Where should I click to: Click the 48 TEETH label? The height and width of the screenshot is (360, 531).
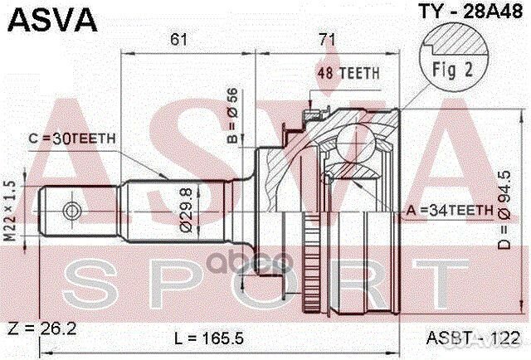click(347, 73)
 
